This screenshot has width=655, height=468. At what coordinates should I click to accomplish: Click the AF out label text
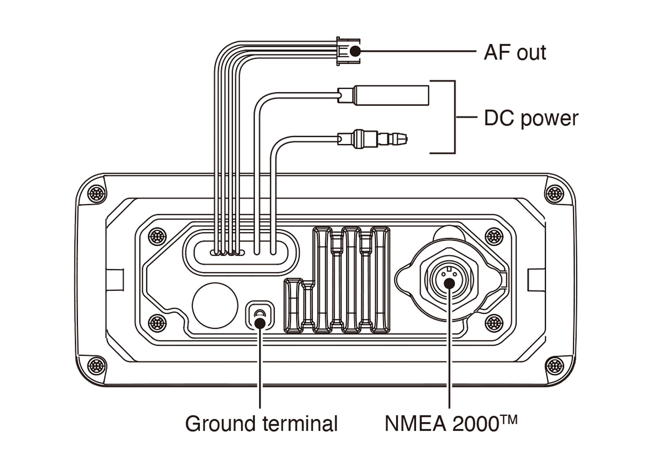[x=514, y=52]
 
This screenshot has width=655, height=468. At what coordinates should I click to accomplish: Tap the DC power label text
[x=531, y=118]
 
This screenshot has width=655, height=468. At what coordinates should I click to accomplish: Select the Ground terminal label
[x=261, y=423]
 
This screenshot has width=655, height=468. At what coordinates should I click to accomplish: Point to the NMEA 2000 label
[x=441, y=423]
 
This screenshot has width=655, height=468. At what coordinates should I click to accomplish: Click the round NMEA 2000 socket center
[x=449, y=282]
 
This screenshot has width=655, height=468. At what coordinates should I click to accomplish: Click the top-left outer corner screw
[x=97, y=193]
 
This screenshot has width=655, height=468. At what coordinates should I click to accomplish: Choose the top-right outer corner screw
[x=555, y=193]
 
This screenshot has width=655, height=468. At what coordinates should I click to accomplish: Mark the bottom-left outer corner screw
[x=97, y=365]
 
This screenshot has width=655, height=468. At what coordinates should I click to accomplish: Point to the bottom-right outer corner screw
[x=555, y=365]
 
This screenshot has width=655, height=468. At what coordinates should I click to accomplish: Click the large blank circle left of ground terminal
[x=215, y=305]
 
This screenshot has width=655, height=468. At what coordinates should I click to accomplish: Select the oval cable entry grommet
[x=241, y=252]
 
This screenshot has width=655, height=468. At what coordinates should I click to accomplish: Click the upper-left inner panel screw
[x=157, y=236]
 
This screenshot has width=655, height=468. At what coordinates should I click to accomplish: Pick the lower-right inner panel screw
[x=494, y=323]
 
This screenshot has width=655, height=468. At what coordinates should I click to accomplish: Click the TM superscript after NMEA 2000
[x=508, y=419]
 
